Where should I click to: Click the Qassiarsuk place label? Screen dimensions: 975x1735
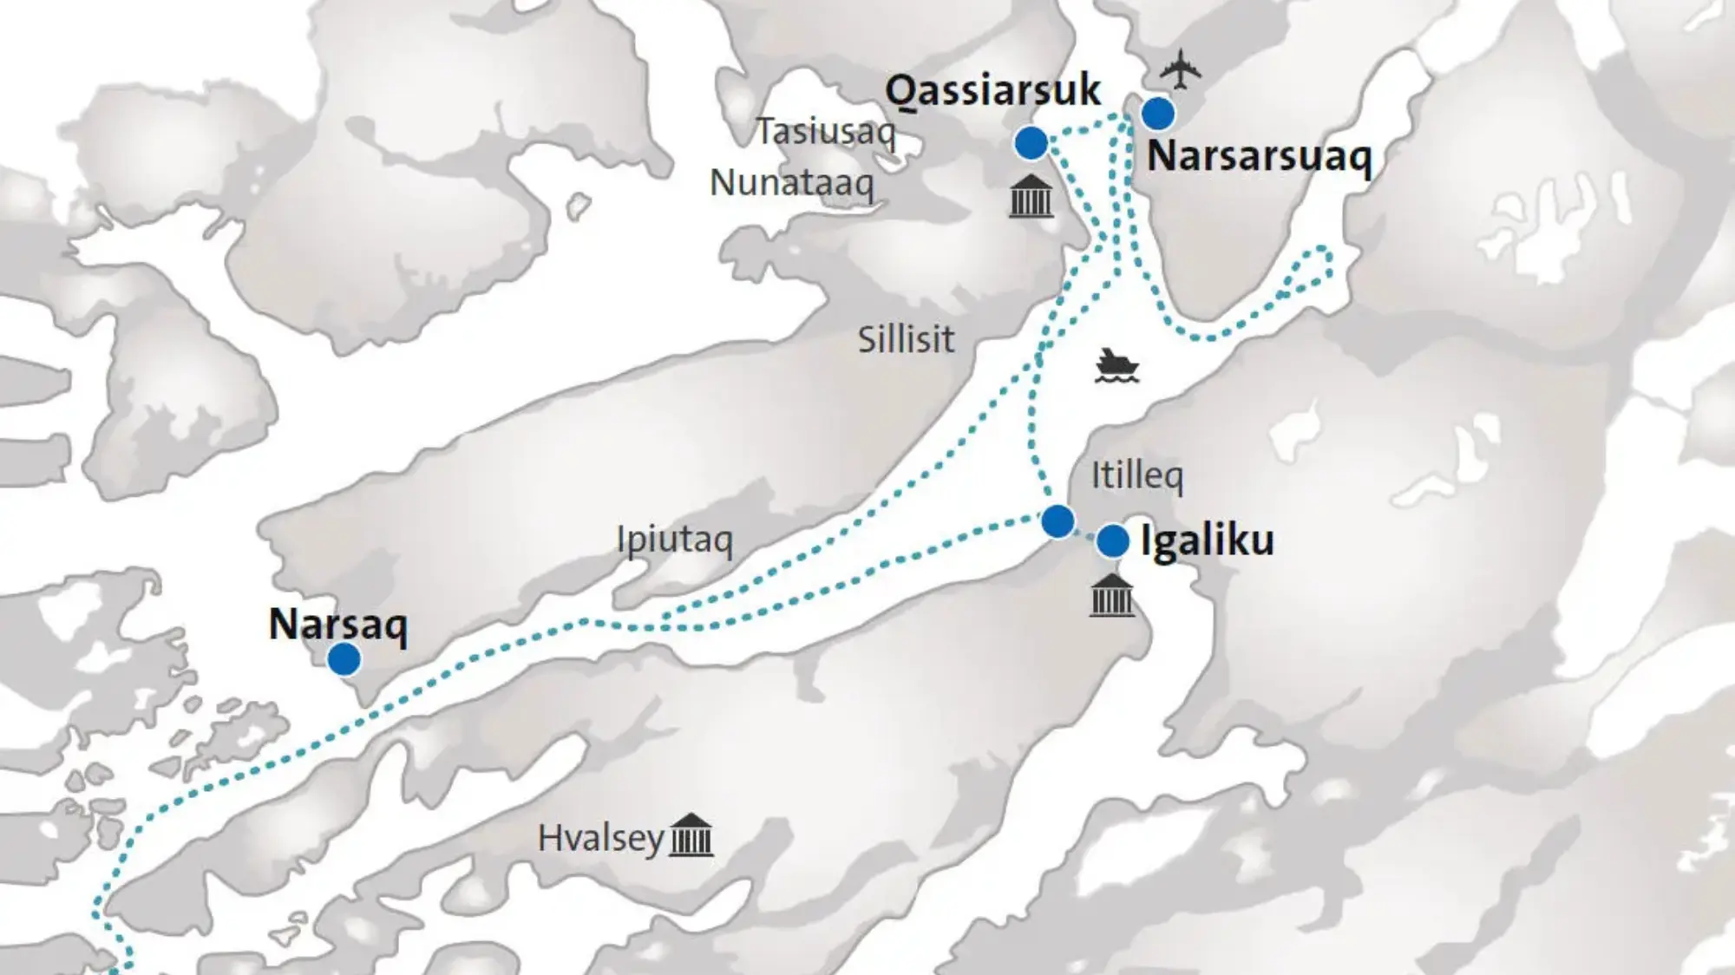[992, 90]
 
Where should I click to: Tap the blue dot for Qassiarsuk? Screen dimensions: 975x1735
[1031, 143]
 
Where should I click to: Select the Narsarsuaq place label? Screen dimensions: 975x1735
[1259, 157]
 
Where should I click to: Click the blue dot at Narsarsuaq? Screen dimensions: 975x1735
[1157, 113]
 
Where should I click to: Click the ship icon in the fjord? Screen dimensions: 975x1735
[1116, 366]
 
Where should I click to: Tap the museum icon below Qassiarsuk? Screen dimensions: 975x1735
[1031, 196]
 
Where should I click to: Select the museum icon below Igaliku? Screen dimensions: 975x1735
[1111, 596]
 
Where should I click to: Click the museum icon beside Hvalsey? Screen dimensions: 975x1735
[691, 835]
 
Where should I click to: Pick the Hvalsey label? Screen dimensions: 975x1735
[600, 839]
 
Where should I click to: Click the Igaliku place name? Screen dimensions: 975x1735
[1207, 540]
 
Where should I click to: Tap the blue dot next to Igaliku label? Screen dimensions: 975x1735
[1112, 541]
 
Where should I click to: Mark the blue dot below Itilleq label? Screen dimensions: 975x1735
[1057, 521]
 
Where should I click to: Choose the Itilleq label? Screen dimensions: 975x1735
[1136, 475]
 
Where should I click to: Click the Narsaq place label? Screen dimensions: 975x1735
[337, 625]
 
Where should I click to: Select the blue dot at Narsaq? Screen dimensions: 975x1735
[344, 660]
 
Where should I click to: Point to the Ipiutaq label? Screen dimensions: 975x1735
[674, 540]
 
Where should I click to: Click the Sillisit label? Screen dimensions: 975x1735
[906, 339]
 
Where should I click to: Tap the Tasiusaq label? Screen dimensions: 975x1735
[825, 132]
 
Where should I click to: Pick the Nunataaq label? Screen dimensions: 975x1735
[791, 183]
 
